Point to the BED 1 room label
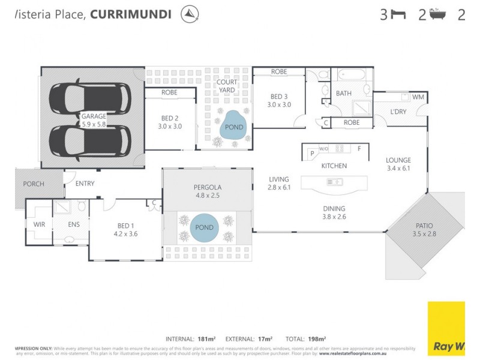click(x=125, y=230)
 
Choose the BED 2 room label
click(x=170, y=122)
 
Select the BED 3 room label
click(x=279, y=100)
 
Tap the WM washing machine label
click(x=418, y=97)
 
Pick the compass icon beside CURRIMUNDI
click(x=190, y=14)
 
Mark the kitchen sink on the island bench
click(x=334, y=182)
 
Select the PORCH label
click(x=34, y=184)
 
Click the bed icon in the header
click(x=398, y=14)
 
